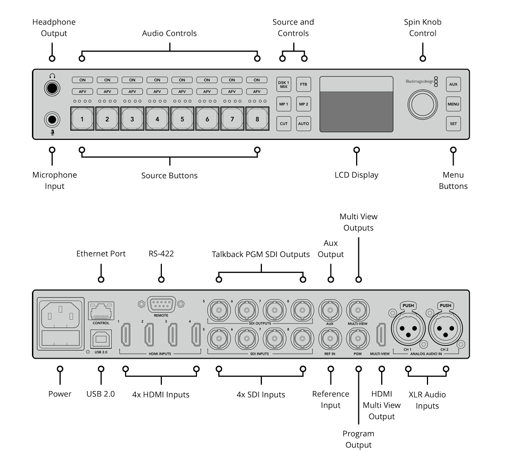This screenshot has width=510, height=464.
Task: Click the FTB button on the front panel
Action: pos(303,85)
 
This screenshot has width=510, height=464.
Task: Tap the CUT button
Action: pos(284,123)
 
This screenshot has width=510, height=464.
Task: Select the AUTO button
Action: pos(303,123)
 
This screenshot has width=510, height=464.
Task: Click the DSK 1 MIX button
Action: pos(284,85)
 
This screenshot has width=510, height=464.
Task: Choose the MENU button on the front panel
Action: pos(453,104)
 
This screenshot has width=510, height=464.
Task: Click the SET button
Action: pos(453,123)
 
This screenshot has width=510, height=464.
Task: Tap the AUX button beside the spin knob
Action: pos(453,85)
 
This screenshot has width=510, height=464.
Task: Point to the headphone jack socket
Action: pos(52,88)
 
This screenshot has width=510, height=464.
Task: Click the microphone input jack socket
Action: pos(52,119)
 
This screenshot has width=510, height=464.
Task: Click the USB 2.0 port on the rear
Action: pos(101,339)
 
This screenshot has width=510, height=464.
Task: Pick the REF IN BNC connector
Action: pos(330,338)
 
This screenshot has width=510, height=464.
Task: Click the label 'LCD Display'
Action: pos(356,175)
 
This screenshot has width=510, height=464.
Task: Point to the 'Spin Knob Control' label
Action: pos(423,28)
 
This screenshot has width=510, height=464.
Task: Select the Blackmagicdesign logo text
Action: pos(419,81)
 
